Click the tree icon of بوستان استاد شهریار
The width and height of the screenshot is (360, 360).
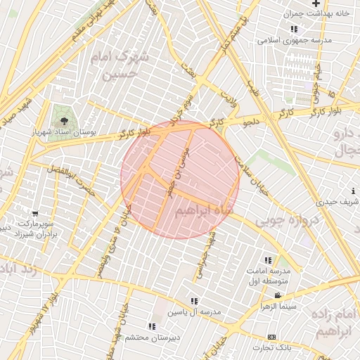click(64, 120)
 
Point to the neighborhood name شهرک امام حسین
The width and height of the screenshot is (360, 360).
click(121, 65)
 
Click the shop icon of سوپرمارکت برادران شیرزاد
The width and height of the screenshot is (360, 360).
click(35, 213)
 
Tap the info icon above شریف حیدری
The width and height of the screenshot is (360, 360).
click(352, 191)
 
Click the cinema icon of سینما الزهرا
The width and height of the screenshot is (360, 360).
click(278, 295)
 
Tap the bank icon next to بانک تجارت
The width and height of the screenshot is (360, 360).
click(272, 337)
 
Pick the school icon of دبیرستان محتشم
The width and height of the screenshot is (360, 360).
click(152, 326)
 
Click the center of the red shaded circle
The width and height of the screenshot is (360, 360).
click(180, 180)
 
